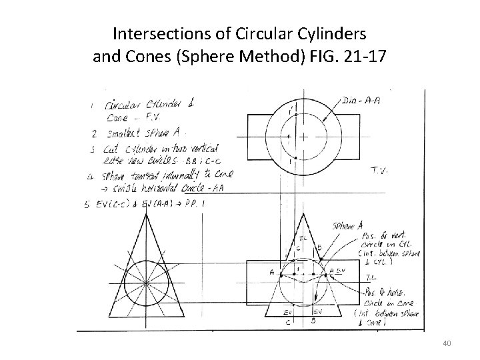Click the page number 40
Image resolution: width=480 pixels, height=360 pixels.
coord(447,344)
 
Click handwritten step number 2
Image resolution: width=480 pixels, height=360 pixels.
coord(95,133)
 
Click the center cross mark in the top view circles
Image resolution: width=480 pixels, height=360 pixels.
coord(303,137)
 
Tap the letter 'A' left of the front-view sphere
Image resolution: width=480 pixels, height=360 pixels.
coord(271,271)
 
